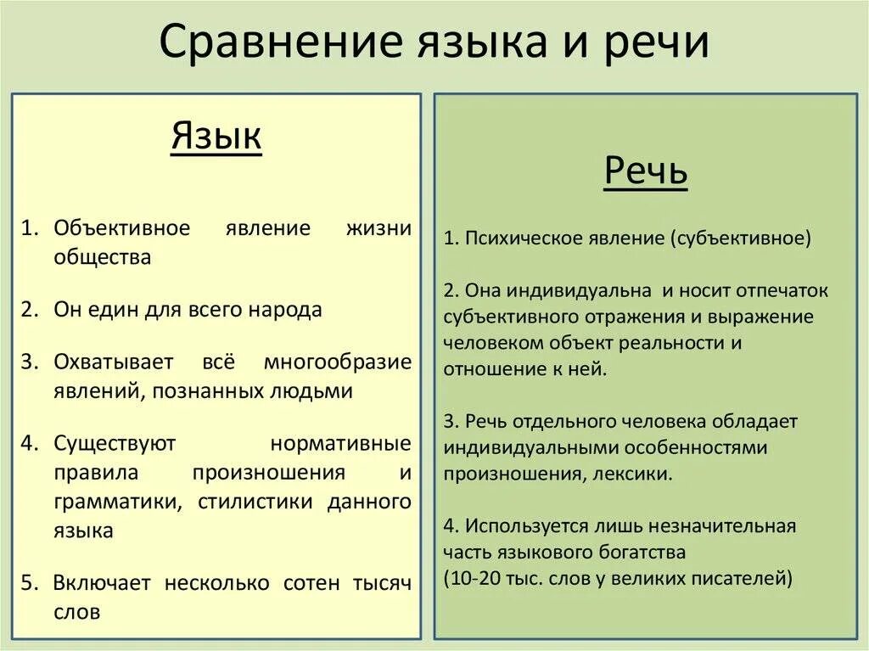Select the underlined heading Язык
(x=216, y=136)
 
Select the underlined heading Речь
(x=646, y=172)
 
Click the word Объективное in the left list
(x=122, y=229)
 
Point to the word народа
(x=285, y=310)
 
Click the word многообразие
(x=338, y=362)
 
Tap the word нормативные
(x=341, y=443)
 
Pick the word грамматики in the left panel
(x=115, y=501)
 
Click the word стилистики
(x=256, y=501)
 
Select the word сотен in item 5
(x=311, y=583)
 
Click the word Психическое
(x=520, y=239)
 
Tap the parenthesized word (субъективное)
(x=741, y=239)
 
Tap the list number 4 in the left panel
(x=30, y=443)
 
